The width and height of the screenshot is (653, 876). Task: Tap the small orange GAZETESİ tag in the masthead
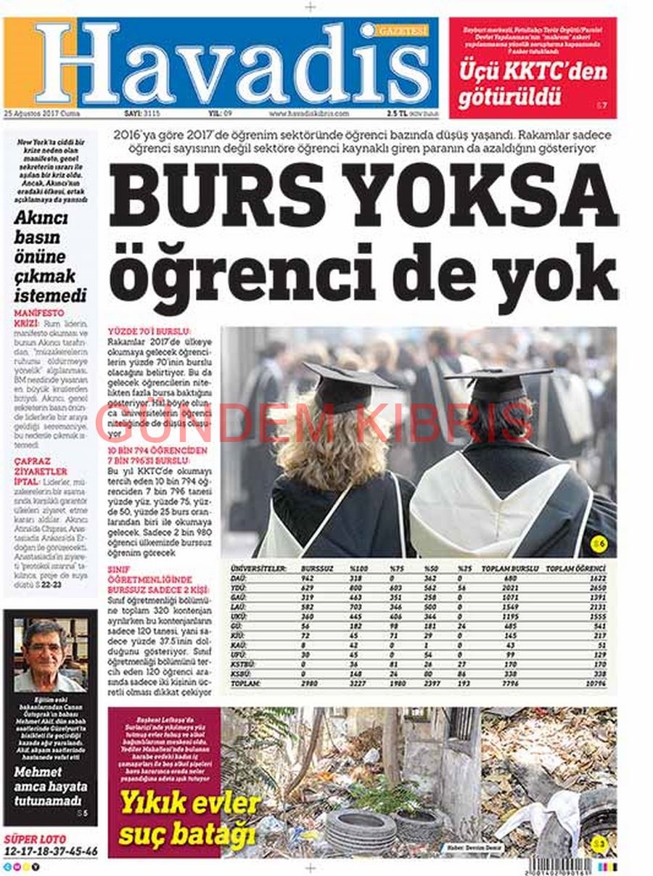pos(403,30)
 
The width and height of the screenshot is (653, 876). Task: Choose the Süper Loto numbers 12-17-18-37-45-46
pos(51,850)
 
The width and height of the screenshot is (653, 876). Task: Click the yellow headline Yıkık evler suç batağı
pos(189,818)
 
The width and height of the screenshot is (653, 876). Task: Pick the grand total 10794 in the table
pos(596,684)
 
